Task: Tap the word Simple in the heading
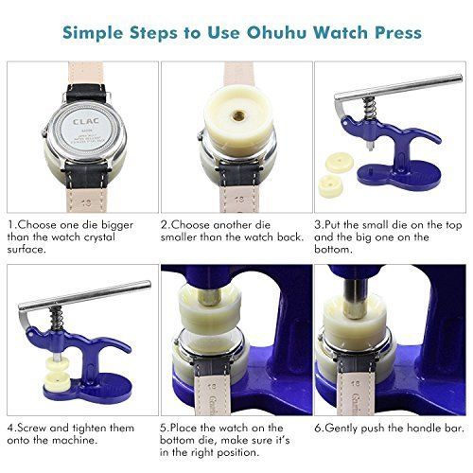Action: [x=96, y=32]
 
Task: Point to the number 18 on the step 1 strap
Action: [x=87, y=201]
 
